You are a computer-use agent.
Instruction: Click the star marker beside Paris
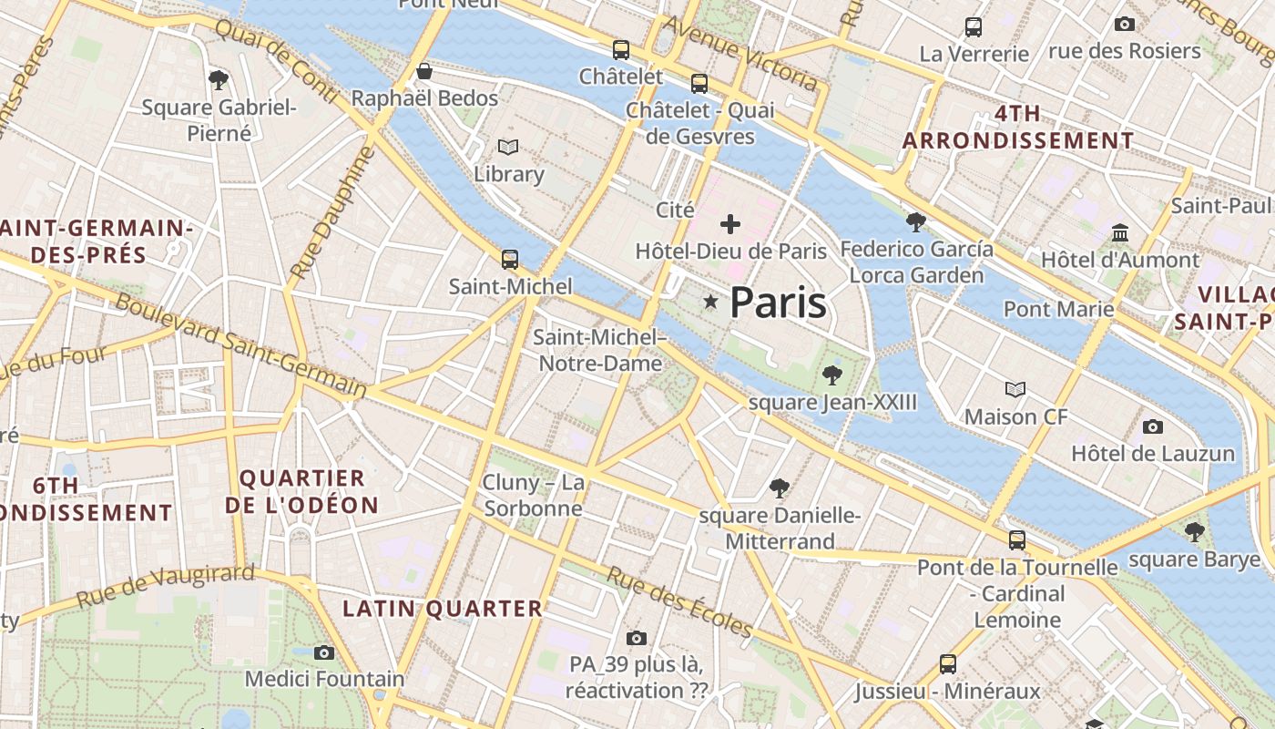710,301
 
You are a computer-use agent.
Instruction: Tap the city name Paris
779,303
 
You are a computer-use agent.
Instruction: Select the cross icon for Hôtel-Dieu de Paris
730,223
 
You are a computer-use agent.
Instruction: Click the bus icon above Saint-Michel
510,259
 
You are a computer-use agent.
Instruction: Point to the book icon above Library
508,146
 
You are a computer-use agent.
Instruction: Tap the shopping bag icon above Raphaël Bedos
423,71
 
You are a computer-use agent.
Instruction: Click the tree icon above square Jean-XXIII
831,374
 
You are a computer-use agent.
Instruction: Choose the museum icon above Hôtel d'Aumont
1120,233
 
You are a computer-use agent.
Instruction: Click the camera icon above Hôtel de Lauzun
1152,426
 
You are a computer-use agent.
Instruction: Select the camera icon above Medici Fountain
323,652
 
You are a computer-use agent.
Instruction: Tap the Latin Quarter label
442,609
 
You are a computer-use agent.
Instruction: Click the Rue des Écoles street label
679,601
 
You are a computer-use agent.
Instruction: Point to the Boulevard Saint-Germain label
240,346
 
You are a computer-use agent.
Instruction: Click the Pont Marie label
1058,309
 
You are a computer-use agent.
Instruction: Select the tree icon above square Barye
1194,531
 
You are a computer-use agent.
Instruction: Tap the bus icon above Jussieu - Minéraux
948,663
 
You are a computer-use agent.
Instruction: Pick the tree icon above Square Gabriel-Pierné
219,80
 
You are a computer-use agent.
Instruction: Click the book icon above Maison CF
1015,389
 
